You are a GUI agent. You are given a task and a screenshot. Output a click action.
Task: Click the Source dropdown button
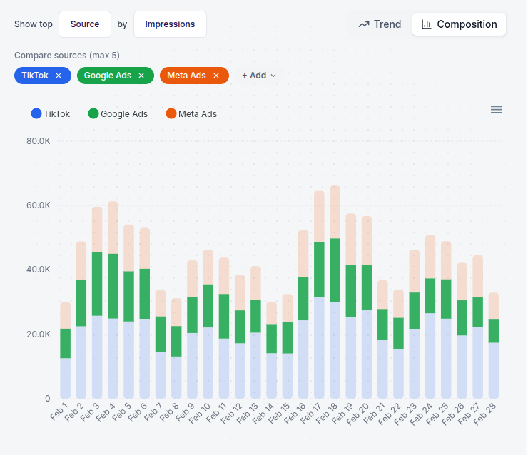(85, 24)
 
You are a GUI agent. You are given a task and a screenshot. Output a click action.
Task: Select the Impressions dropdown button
(170, 24)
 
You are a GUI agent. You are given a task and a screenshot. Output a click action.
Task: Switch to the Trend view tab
(380, 24)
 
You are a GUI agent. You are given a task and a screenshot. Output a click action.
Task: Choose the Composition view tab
(459, 24)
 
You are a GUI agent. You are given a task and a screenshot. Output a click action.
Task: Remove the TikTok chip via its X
(59, 76)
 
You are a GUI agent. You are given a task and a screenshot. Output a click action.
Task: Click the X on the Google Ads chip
(141, 76)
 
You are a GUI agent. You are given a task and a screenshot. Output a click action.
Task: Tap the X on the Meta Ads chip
(216, 76)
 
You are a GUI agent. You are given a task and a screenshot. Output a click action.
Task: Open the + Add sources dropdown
(258, 76)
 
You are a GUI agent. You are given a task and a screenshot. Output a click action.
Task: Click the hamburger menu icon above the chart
(497, 109)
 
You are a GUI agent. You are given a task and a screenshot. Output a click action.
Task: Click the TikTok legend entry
(51, 113)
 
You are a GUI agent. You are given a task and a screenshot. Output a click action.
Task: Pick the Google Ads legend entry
(118, 113)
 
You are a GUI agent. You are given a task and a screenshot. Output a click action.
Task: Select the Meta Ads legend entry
(191, 113)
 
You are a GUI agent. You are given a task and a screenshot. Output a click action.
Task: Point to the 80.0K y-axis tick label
(38, 141)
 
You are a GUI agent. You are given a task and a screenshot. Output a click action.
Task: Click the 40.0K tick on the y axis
(38, 270)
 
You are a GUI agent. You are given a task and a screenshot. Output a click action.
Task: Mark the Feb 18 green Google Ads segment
(335, 270)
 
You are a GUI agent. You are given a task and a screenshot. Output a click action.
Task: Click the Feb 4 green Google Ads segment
(113, 285)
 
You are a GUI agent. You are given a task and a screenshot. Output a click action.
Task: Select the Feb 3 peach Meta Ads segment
(97, 229)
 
